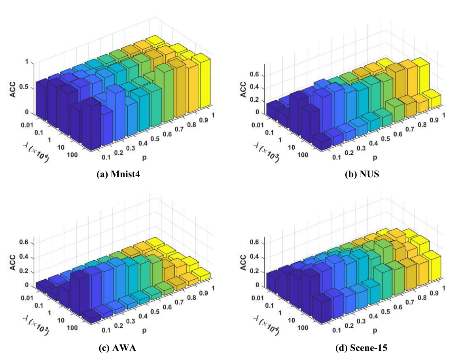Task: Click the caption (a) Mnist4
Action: coord(118,174)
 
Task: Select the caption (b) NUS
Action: coord(362,174)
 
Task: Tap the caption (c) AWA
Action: coord(117,348)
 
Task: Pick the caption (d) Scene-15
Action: coord(361,348)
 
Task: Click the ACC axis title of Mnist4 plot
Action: coord(13,89)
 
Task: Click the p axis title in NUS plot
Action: coord(375,157)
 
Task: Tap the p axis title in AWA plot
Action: coord(144,330)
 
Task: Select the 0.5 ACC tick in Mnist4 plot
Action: coord(25,87)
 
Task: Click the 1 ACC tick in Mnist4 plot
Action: coord(27,62)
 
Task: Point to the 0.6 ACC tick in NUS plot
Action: coord(255,75)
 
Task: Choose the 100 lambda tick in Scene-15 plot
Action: coord(303,328)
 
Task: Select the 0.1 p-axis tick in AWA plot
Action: coord(106,330)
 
